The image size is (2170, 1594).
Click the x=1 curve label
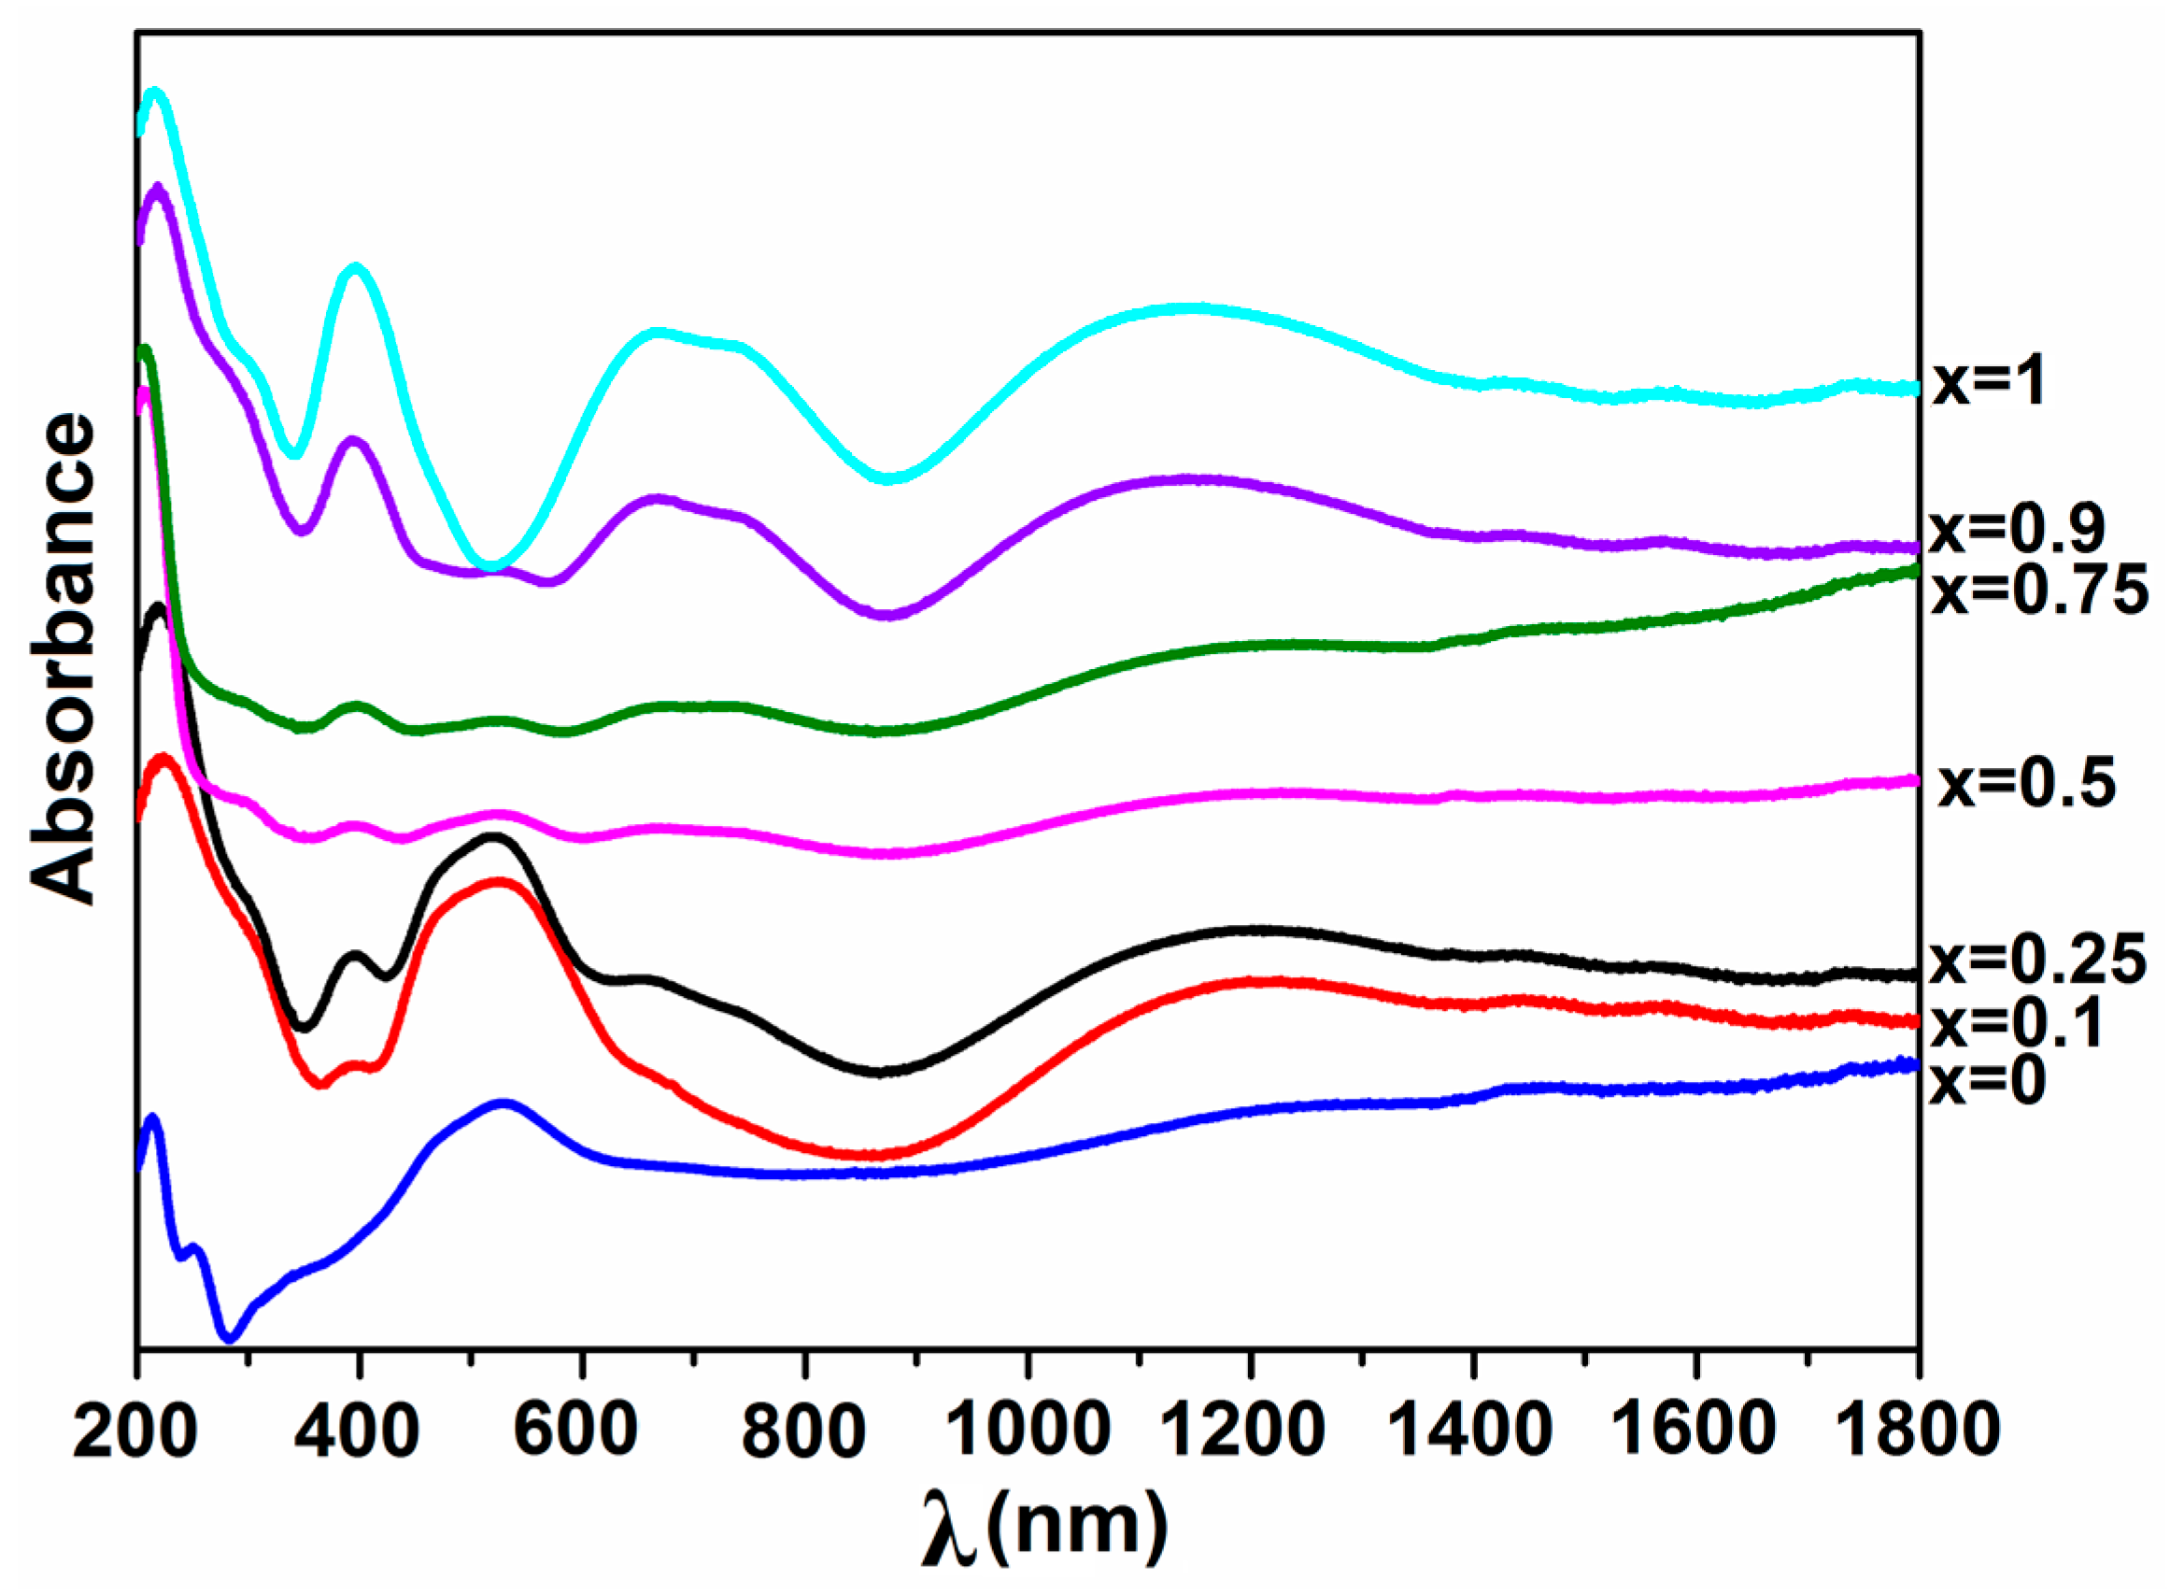pos(1990,383)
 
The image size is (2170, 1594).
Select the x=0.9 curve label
pos(2017,528)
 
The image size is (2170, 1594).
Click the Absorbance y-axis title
pos(64,660)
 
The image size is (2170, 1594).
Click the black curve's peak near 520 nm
pos(495,838)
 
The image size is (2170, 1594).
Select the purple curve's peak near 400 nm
pos(353,441)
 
